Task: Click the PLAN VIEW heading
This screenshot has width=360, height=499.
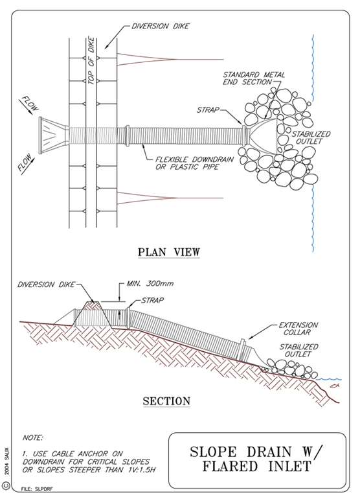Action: [169, 252]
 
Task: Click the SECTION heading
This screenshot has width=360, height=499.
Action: [166, 401]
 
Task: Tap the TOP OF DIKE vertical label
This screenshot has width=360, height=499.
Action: [91, 61]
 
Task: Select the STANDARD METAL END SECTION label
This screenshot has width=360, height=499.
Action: [254, 78]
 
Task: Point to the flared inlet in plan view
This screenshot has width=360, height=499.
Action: [53, 135]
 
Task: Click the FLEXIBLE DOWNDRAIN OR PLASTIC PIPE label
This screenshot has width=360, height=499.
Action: [195, 163]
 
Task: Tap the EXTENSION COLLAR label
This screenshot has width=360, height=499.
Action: [298, 329]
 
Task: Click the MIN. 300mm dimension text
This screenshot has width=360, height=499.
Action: [150, 283]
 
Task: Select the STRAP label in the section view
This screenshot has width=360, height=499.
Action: [153, 300]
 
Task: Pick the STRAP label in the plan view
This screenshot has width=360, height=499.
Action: [208, 110]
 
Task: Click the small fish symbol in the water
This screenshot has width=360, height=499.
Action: [333, 386]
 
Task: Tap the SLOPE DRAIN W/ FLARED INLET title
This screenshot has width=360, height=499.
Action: [256, 459]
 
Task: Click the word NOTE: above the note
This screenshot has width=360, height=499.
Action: [33, 438]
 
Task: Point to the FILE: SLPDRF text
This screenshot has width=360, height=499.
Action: [37, 489]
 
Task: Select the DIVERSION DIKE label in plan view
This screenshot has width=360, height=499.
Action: [161, 26]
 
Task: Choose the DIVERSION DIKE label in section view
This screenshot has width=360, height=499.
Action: [46, 284]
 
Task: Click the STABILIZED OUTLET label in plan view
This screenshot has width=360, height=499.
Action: [311, 137]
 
